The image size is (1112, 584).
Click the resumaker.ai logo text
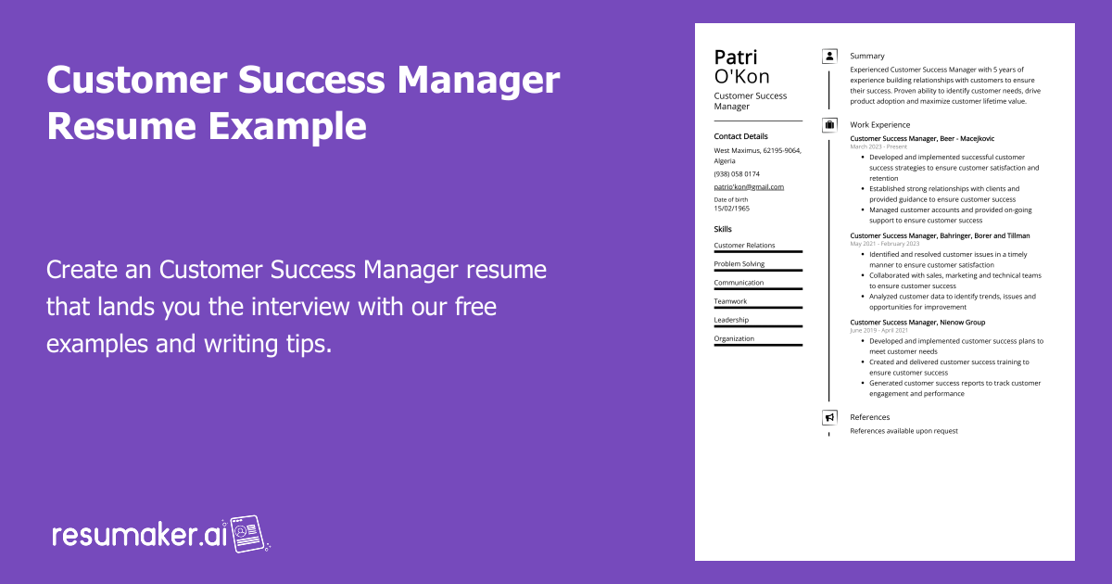click(139, 535)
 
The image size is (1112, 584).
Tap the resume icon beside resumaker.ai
click(248, 534)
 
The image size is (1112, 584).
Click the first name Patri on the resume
click(736, 57)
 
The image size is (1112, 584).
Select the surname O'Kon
click(741, 77)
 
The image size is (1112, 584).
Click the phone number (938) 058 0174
click(737, 173)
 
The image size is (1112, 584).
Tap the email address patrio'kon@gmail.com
click(749, 186)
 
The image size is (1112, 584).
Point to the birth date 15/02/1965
click(732, 209)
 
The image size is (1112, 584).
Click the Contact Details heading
click(740, 136)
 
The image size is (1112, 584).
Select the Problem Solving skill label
click(739, 264)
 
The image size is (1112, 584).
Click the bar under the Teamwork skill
click(758, 308)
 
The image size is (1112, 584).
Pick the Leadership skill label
click(731, 320)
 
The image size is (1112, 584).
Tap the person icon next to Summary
click(829, 57)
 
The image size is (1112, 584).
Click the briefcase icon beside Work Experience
click(829, 124)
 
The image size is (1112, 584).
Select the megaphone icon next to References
click(829, 417)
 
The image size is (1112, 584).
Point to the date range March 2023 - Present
click(878, 146)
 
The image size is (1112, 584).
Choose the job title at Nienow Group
click(917, 323)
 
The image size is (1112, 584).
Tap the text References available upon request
click(903, 431)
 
